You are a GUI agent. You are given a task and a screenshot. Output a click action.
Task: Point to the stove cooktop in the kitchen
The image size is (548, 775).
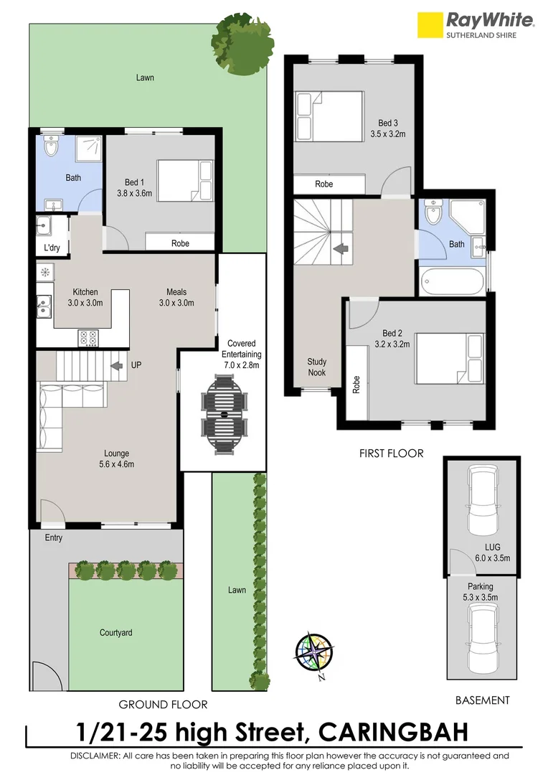tap(88, 336)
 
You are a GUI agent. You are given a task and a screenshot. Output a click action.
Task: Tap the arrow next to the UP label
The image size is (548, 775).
tap(115, 365)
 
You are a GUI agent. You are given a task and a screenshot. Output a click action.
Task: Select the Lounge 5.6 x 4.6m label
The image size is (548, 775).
tap(116, 458)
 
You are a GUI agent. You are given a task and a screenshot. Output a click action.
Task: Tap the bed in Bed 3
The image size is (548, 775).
tap(331, 118)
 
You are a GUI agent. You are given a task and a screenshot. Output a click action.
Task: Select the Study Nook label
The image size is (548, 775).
tap(316, 367)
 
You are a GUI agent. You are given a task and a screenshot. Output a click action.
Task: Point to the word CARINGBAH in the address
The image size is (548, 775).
tap(394, 733)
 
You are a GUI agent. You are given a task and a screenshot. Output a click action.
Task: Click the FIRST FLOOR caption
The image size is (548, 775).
tap(391, 453)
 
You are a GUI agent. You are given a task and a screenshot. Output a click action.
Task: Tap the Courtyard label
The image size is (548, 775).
tap(115, 633)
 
